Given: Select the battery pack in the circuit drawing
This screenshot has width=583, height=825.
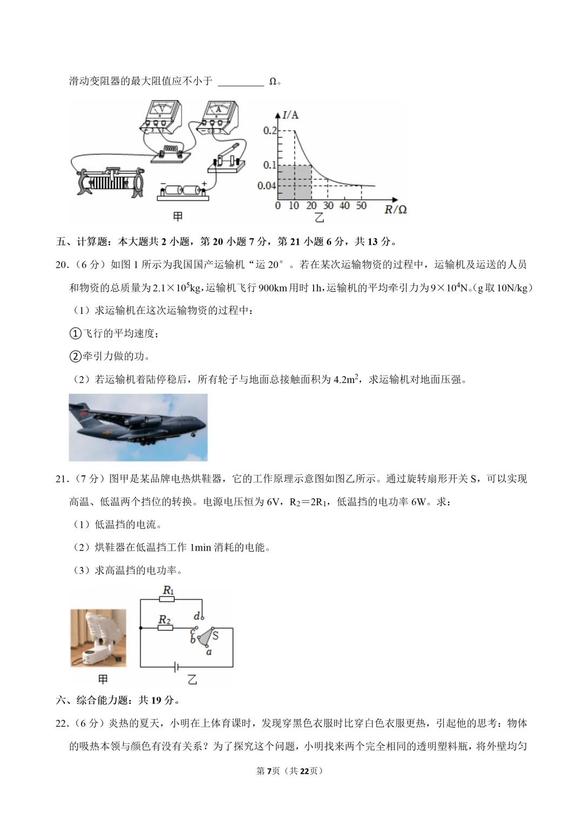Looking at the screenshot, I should click(x=183, y=191).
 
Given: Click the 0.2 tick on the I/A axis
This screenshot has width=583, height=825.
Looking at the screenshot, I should click(x=269, y=131).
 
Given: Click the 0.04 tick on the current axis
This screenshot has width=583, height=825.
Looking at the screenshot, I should click(x=266, y=186).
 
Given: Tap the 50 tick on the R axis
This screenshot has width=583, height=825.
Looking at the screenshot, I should click(x=361, y=206).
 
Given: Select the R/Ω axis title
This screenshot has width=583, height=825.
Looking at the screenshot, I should click(x=395, y=210).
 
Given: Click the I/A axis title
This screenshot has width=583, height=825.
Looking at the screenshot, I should click(x=290, y=115).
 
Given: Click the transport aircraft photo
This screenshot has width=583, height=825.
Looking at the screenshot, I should click(x=138, y=427).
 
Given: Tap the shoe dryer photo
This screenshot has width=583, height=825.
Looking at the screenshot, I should click(x=98, y=638).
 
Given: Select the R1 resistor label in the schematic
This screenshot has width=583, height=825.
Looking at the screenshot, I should click(x=168, y=591).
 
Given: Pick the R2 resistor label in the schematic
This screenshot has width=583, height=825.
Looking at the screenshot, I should click(x=165, y=619).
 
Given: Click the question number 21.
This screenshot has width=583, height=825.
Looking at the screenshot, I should click(x=62, y=479).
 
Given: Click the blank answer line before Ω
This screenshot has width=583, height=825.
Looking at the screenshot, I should click(x=241, y=82).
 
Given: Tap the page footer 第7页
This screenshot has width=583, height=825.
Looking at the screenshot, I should click(x=268, y=771).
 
